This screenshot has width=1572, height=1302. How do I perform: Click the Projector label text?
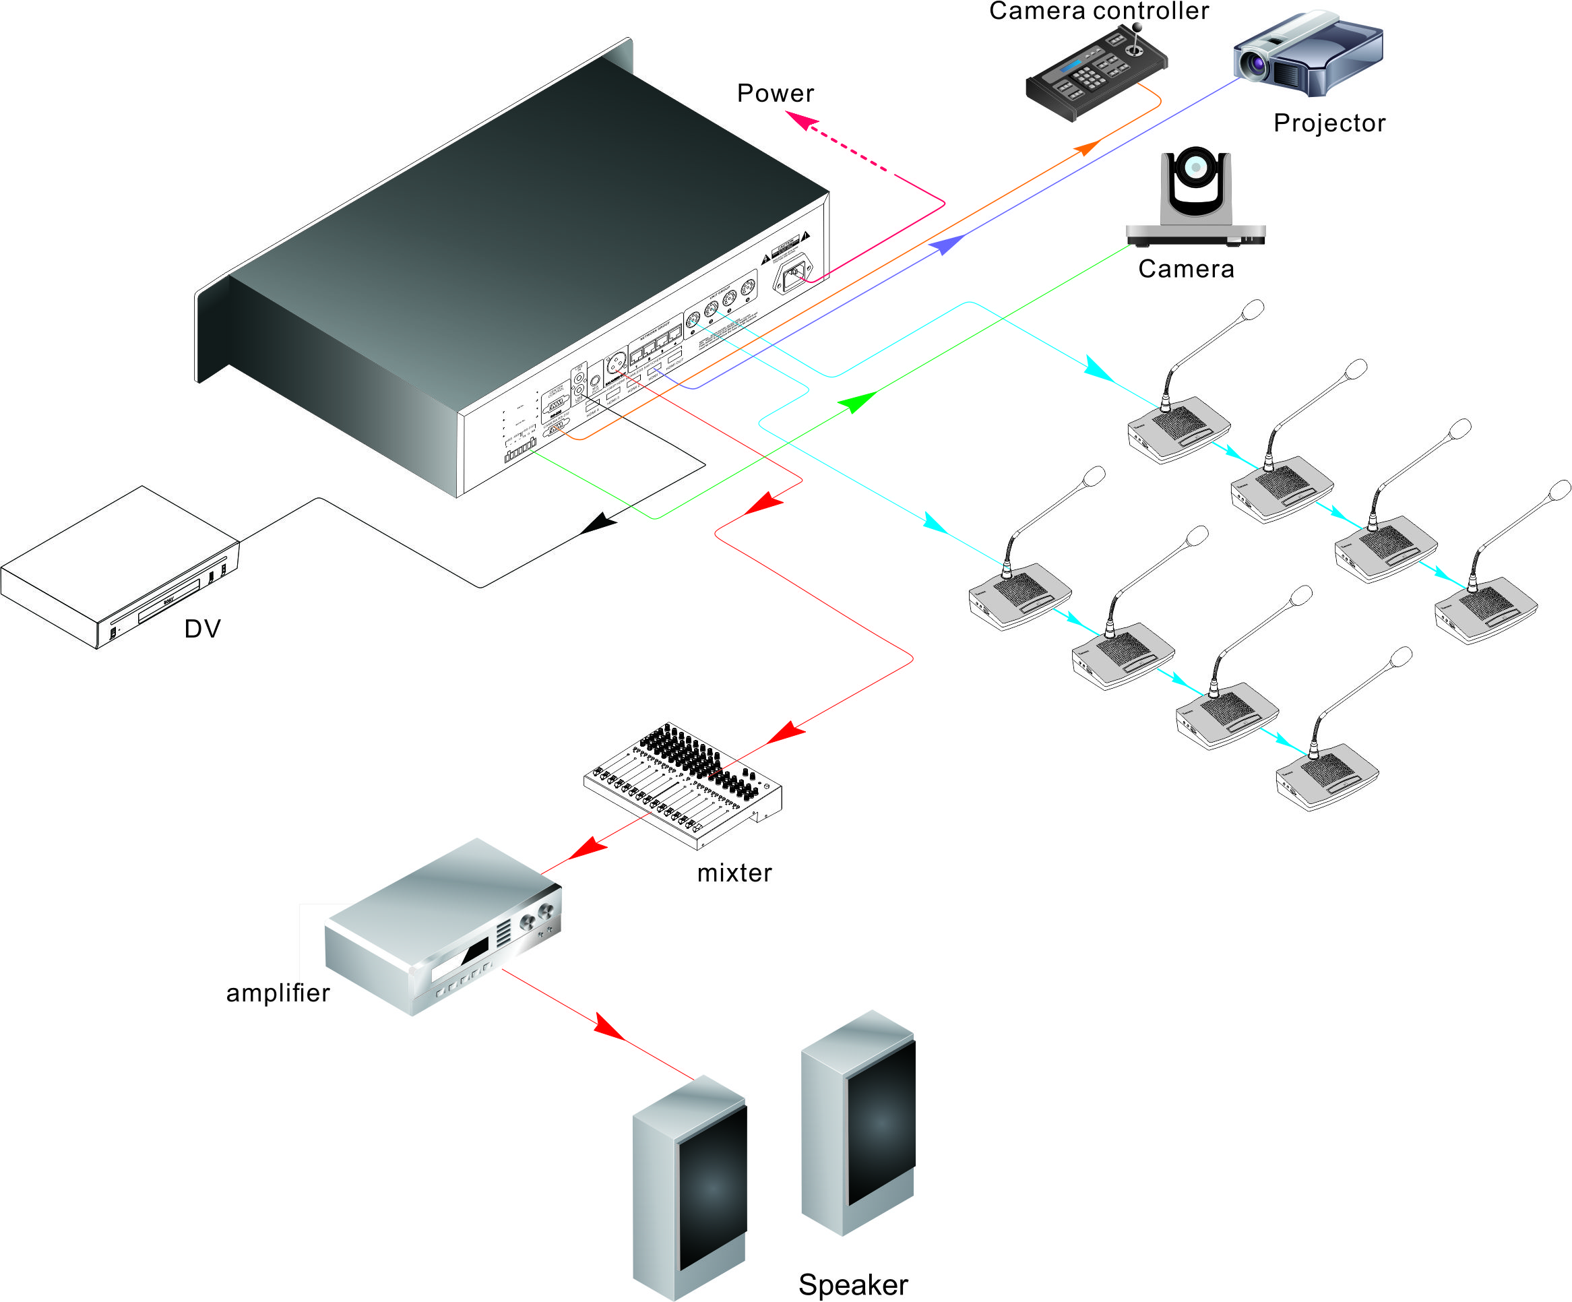click(1329, 123)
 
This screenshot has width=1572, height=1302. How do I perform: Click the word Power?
click(775, 93)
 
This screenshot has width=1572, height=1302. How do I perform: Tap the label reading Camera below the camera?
click(1186, 269)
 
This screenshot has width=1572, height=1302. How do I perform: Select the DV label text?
click(202, 628)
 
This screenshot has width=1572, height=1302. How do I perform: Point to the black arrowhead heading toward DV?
click(598, 524)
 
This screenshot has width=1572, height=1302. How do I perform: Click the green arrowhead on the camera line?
click(856, 402)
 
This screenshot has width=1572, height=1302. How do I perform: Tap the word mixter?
click(734, 873)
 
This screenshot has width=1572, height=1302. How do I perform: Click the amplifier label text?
click(278, 993)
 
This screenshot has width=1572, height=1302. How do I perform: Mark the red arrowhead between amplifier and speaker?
click(608, 1025)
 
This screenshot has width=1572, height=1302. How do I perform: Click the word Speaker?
click(852, 1284)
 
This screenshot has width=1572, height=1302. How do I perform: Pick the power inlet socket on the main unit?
click(794, 276)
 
